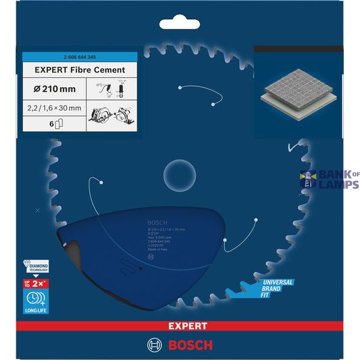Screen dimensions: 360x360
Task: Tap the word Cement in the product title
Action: click(x=108, y=70)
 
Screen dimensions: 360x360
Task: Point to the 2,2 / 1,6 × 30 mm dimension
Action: click(x=54, y=107)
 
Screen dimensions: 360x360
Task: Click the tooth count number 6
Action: click(x=52, y=125)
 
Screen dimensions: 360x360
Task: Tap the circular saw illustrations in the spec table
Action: click(x=112, y=114)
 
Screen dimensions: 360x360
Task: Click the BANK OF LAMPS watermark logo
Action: click(x=329, y=179)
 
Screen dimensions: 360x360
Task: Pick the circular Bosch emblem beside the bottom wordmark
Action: click(x=154, y=345)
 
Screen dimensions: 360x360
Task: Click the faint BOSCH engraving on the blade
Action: click(x=155, y=221)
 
